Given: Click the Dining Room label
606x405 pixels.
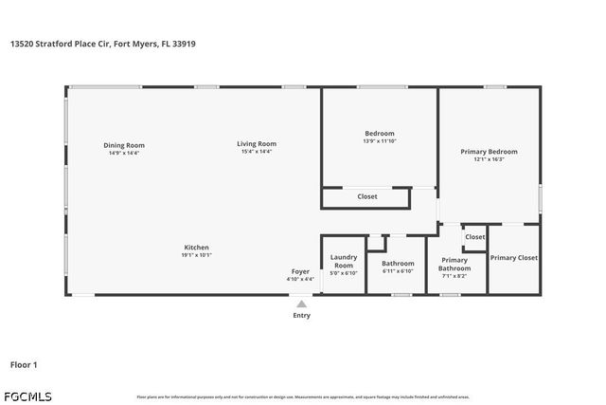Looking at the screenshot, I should coord(124,145).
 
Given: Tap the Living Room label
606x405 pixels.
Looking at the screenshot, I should coord(257,144).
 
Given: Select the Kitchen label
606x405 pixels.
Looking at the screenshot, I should coord(196,247).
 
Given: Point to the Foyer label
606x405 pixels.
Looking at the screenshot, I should coord(300,272).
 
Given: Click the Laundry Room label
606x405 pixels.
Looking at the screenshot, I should coord(343,261).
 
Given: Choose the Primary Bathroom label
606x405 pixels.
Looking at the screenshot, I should coord(454,264).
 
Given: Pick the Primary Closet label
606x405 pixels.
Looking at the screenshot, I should coord(514,257).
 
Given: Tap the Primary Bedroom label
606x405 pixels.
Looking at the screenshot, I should coord(489,152).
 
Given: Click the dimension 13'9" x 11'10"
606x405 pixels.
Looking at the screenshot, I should coord(380,141).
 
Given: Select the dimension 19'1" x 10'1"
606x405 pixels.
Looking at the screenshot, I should coord(196,254).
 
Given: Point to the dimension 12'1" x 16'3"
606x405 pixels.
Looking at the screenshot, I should coord(489,159).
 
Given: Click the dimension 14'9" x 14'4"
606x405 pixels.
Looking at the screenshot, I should coord(124,153).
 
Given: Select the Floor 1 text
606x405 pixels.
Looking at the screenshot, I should coord(24,364).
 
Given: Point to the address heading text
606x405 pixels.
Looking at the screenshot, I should coord(104,44).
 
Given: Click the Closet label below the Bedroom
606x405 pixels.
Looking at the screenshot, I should coord(367,197).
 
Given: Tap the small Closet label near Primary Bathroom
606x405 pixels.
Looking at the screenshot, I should coord(475,237).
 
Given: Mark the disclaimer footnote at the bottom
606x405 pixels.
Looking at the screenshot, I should coord(303,396).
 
